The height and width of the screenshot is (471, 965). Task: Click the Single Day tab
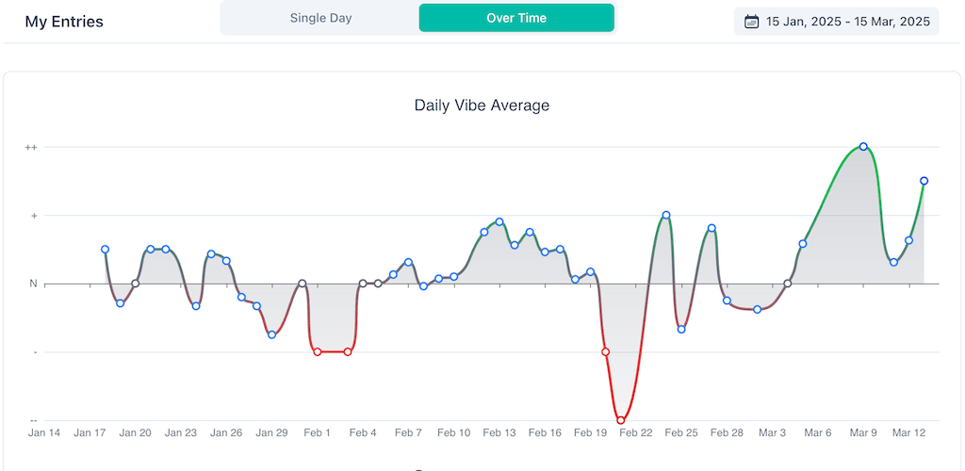click(320, 18)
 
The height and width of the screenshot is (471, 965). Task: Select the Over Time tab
click(516, 18)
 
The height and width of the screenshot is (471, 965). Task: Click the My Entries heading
click(64, 22)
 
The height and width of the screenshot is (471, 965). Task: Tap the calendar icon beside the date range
click(751, 22)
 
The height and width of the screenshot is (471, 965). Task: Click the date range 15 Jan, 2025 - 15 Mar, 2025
click(848, 22)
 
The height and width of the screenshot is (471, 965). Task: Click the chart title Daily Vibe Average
click(482, 106)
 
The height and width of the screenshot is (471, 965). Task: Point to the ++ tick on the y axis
click(31, 147)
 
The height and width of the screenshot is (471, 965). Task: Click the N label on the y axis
click(32, 284)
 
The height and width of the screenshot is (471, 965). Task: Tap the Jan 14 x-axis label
click(44, 433)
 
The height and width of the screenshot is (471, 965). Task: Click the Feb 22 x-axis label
click(635, 433)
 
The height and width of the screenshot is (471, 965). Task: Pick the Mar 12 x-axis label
click(908, 433)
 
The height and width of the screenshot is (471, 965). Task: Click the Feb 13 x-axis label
click(499, 433)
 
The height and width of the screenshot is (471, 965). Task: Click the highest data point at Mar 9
click(863, 146)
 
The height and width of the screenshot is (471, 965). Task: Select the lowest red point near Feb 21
click(621, 420)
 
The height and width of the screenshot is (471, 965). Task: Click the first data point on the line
click(105, 250)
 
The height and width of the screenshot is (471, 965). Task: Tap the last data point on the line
click(924, 181)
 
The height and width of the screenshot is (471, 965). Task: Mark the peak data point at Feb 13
click(499, 221)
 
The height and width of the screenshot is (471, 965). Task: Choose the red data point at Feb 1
click(318, 351)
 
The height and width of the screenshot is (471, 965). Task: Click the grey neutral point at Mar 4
click(788, 284)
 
